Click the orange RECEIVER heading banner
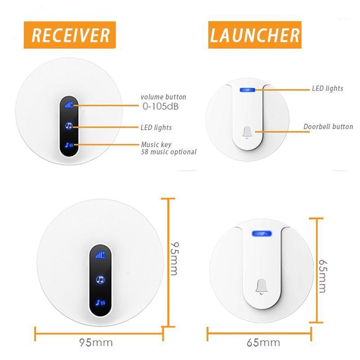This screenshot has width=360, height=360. click(70, 35)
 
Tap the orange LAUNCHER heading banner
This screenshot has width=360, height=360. click(255, 35)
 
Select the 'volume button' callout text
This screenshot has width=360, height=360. click(163, 97)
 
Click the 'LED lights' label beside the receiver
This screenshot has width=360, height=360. click(156, 128)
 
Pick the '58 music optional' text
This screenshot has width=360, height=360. click(168, 152)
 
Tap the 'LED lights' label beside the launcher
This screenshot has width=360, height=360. click(328, 89)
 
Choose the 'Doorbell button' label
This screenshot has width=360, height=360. click(328, 126)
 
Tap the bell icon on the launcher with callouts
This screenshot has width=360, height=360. click(247, 131)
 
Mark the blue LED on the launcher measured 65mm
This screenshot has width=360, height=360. click(261, 234)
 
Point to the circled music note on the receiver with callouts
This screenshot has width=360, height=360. click(69, 126)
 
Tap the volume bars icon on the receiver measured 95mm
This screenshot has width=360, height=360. click(100, 255)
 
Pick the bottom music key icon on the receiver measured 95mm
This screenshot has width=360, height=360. click(100, 302)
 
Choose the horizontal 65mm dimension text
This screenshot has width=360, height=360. click(263, 343)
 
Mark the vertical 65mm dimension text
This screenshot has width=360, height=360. click(322, 275)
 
